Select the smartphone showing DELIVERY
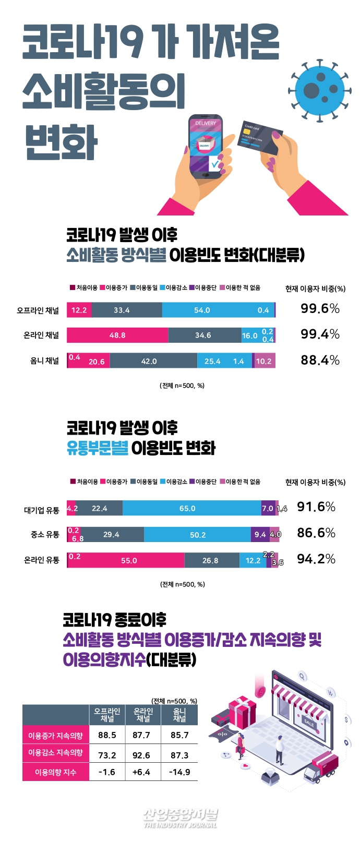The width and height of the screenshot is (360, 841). click(x=205, y=146)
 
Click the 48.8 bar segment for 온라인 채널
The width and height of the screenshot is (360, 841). click(x=117, y=335)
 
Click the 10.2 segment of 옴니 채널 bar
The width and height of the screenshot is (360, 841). click(x=264, y=361)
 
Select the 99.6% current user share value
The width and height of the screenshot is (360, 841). click(x=320, y=308)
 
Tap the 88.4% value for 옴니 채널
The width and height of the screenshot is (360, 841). click(x=320, y=360)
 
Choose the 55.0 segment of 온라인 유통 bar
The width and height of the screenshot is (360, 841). click(x=128, y=560)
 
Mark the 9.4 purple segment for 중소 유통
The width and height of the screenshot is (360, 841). click(x=260, y=534)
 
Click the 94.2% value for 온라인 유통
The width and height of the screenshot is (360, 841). click(x=316, y=559)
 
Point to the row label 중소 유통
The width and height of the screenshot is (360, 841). click(x=45, y=534)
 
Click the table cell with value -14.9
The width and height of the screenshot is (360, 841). click(x=179, y=772)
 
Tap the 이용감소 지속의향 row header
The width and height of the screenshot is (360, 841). click(x=55, y=753)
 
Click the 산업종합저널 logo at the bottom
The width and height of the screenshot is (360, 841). click(x=180, y=817)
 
